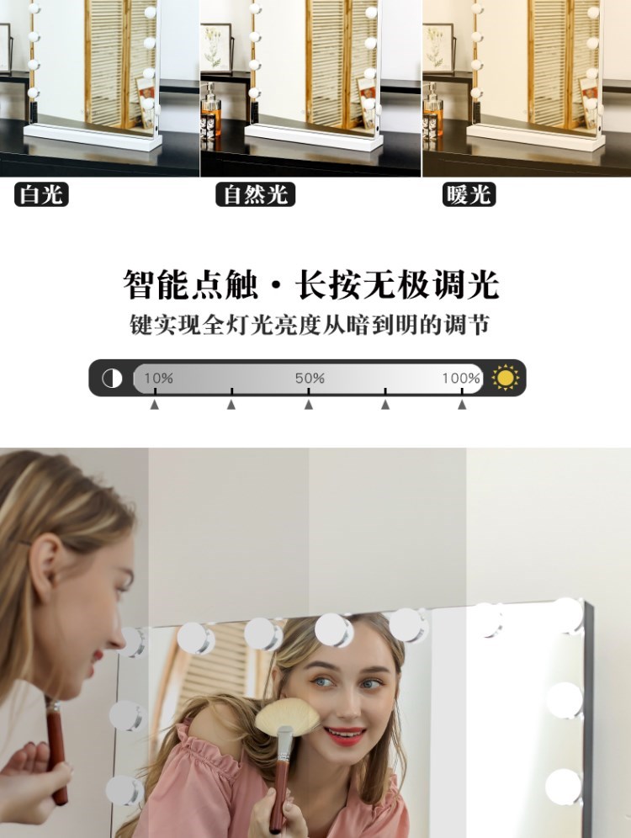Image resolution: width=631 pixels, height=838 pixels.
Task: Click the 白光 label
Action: (41, 194)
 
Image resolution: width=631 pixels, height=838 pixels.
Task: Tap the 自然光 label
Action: (256, 194)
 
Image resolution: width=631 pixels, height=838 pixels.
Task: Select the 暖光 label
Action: (469, 194)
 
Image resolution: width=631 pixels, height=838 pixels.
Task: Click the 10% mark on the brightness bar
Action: (159, 378)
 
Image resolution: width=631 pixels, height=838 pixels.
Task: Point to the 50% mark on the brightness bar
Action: (310, 378)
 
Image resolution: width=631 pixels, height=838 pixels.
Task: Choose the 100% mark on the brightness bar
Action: (461, 378)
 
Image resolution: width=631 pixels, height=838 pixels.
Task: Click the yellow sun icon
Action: (505, 378)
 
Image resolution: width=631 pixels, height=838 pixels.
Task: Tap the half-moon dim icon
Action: (112, 379)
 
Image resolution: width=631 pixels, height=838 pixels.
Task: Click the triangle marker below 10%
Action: (155, 405)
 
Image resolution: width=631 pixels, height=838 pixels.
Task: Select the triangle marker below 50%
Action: (308, 405)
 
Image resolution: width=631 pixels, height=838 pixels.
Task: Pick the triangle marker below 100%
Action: (462, 405)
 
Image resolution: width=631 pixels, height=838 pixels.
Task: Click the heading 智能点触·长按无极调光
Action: (311, 284)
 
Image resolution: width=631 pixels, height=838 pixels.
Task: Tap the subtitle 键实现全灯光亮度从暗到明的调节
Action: (310, 325)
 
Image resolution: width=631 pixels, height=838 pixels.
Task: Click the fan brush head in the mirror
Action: (287, 715)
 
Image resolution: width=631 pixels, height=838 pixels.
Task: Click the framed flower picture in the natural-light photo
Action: (216, 48)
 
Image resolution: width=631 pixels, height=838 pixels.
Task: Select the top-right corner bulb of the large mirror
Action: (567, 615)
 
